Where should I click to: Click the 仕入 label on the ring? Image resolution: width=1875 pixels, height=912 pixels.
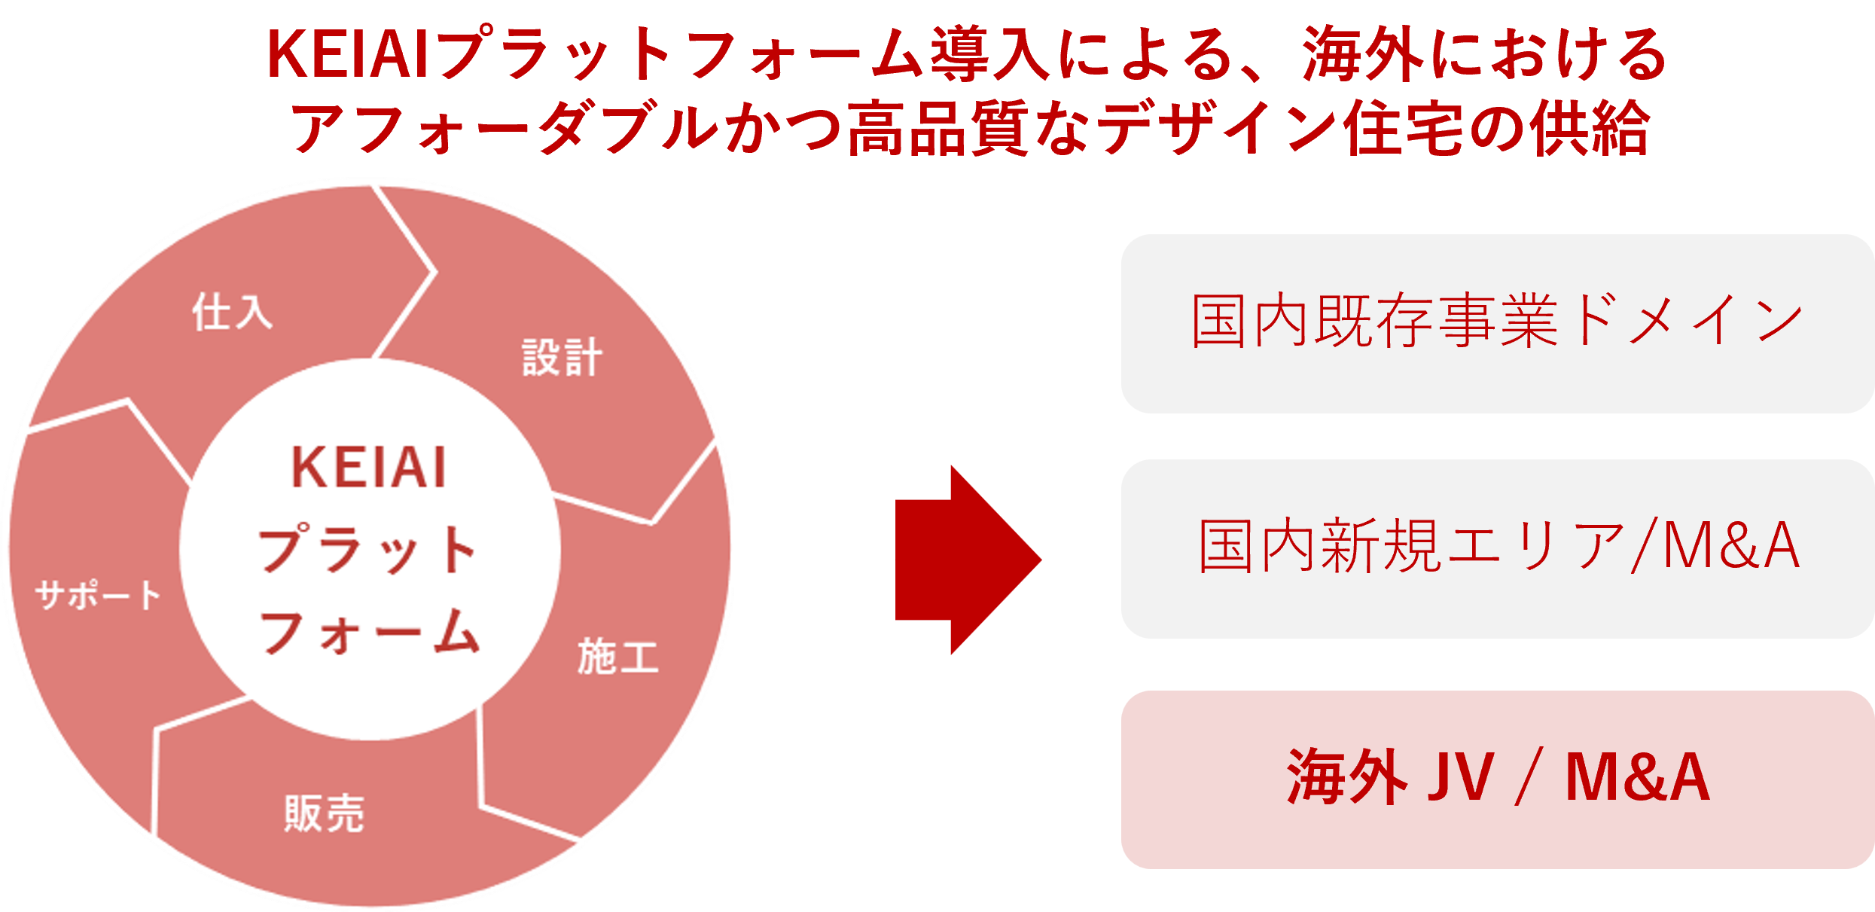232,312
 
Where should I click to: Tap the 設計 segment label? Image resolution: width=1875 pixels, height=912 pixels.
562,357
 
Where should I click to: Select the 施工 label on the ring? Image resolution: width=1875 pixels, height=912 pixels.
617,656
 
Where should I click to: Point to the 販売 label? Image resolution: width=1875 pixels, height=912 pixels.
325,813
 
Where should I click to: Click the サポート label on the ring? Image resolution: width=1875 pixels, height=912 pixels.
98,595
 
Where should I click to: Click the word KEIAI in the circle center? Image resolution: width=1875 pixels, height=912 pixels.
369,468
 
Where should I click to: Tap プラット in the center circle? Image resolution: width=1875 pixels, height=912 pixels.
369,549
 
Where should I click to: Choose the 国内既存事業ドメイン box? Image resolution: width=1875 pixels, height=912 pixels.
1496,323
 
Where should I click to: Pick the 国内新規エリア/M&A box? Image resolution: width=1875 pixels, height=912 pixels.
1496,548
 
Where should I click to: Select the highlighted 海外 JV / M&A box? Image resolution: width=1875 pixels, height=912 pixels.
1496,779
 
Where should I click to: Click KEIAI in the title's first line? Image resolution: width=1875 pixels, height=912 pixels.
348,53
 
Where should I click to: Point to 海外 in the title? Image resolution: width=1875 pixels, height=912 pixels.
1363,53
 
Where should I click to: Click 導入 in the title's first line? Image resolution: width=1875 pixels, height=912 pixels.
989,53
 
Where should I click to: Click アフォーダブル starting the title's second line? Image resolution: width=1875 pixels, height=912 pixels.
505,128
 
